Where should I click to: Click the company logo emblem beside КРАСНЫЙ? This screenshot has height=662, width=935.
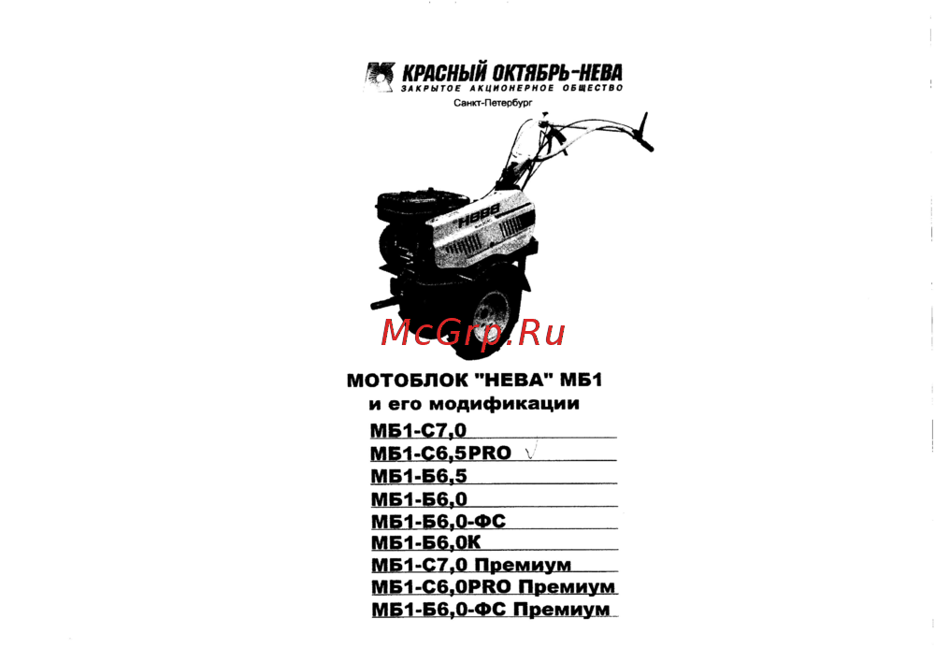coord(380,77)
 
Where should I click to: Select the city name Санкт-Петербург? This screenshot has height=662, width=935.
coord(493,103)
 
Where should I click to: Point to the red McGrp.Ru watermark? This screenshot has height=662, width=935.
coord(472,333)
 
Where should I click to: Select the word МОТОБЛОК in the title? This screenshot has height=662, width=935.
coord(406,381)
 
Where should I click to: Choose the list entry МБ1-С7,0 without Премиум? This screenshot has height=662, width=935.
coord(418,430)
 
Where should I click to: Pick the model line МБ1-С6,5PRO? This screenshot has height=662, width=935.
coord(440,453)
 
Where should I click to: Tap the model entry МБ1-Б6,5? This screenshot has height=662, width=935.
coord(419,476)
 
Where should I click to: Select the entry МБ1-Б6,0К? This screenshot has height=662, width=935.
coord(425,542)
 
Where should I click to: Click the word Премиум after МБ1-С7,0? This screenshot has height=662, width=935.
coord(523,565)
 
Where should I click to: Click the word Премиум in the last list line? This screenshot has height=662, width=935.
coord(561,610)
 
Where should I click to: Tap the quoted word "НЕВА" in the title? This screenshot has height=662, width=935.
coord(512,380)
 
